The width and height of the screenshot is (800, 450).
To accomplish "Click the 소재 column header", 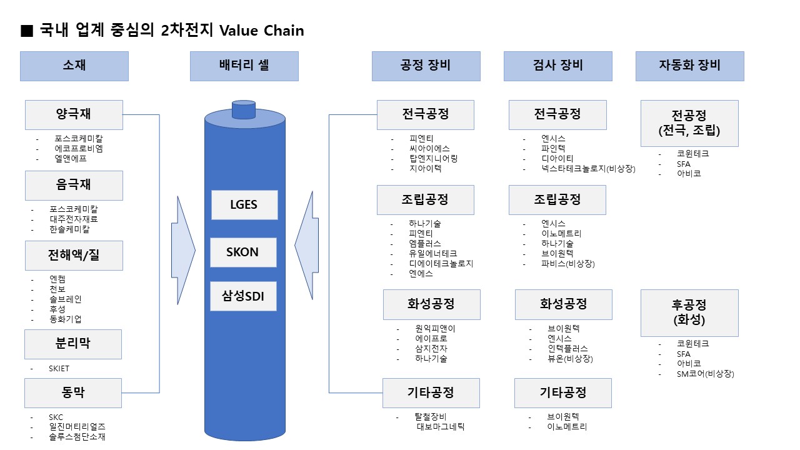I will click(74, 66).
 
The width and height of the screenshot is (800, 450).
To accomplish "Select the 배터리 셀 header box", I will click(244, 66).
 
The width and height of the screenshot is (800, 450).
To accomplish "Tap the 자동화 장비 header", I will click(689, 66).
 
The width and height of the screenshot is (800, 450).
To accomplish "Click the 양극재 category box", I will click(74, 114).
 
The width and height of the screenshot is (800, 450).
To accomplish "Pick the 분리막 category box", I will click(73, 344).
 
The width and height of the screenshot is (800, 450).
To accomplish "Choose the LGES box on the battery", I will click(244, 205).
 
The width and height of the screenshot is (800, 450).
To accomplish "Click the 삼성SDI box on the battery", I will click(244, 297).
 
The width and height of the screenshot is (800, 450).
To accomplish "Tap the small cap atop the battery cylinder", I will click(244, 110).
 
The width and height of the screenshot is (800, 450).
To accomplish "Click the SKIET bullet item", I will click(59, 369).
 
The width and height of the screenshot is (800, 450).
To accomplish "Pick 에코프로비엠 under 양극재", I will click(79, 149).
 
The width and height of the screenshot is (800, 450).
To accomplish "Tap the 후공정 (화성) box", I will click(689, 312).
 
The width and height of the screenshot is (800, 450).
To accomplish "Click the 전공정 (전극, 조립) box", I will click(689, 123).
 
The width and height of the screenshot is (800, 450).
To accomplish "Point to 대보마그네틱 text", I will click(441, 427).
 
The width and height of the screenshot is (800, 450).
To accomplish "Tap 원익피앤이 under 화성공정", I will click(435, 329).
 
